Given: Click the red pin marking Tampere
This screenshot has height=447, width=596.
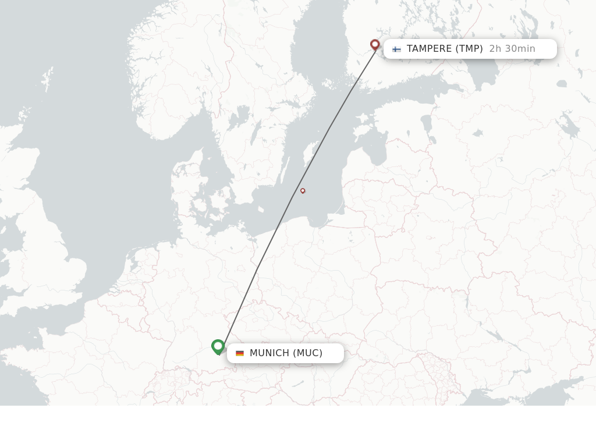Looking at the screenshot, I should [x=375, y=44].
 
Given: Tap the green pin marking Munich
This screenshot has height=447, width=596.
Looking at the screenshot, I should [x=218, y=346].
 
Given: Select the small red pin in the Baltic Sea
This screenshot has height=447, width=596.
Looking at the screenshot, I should [x=303, y=190].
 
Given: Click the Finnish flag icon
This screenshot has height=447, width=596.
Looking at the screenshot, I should [x=396, y=49].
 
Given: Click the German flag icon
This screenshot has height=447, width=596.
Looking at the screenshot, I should [x=240, y=353].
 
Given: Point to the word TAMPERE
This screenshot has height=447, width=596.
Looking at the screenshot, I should [x=429, y=49].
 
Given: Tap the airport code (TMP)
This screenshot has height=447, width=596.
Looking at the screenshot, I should [x=469, y=49].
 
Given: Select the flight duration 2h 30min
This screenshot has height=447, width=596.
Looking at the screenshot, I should [x=512, y=49].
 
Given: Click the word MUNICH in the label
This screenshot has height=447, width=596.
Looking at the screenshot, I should [x=269, y=353].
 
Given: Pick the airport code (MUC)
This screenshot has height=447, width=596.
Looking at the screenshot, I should [x=307, y=353].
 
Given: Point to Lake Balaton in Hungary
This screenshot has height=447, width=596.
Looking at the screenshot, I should [x=298, y=384].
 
